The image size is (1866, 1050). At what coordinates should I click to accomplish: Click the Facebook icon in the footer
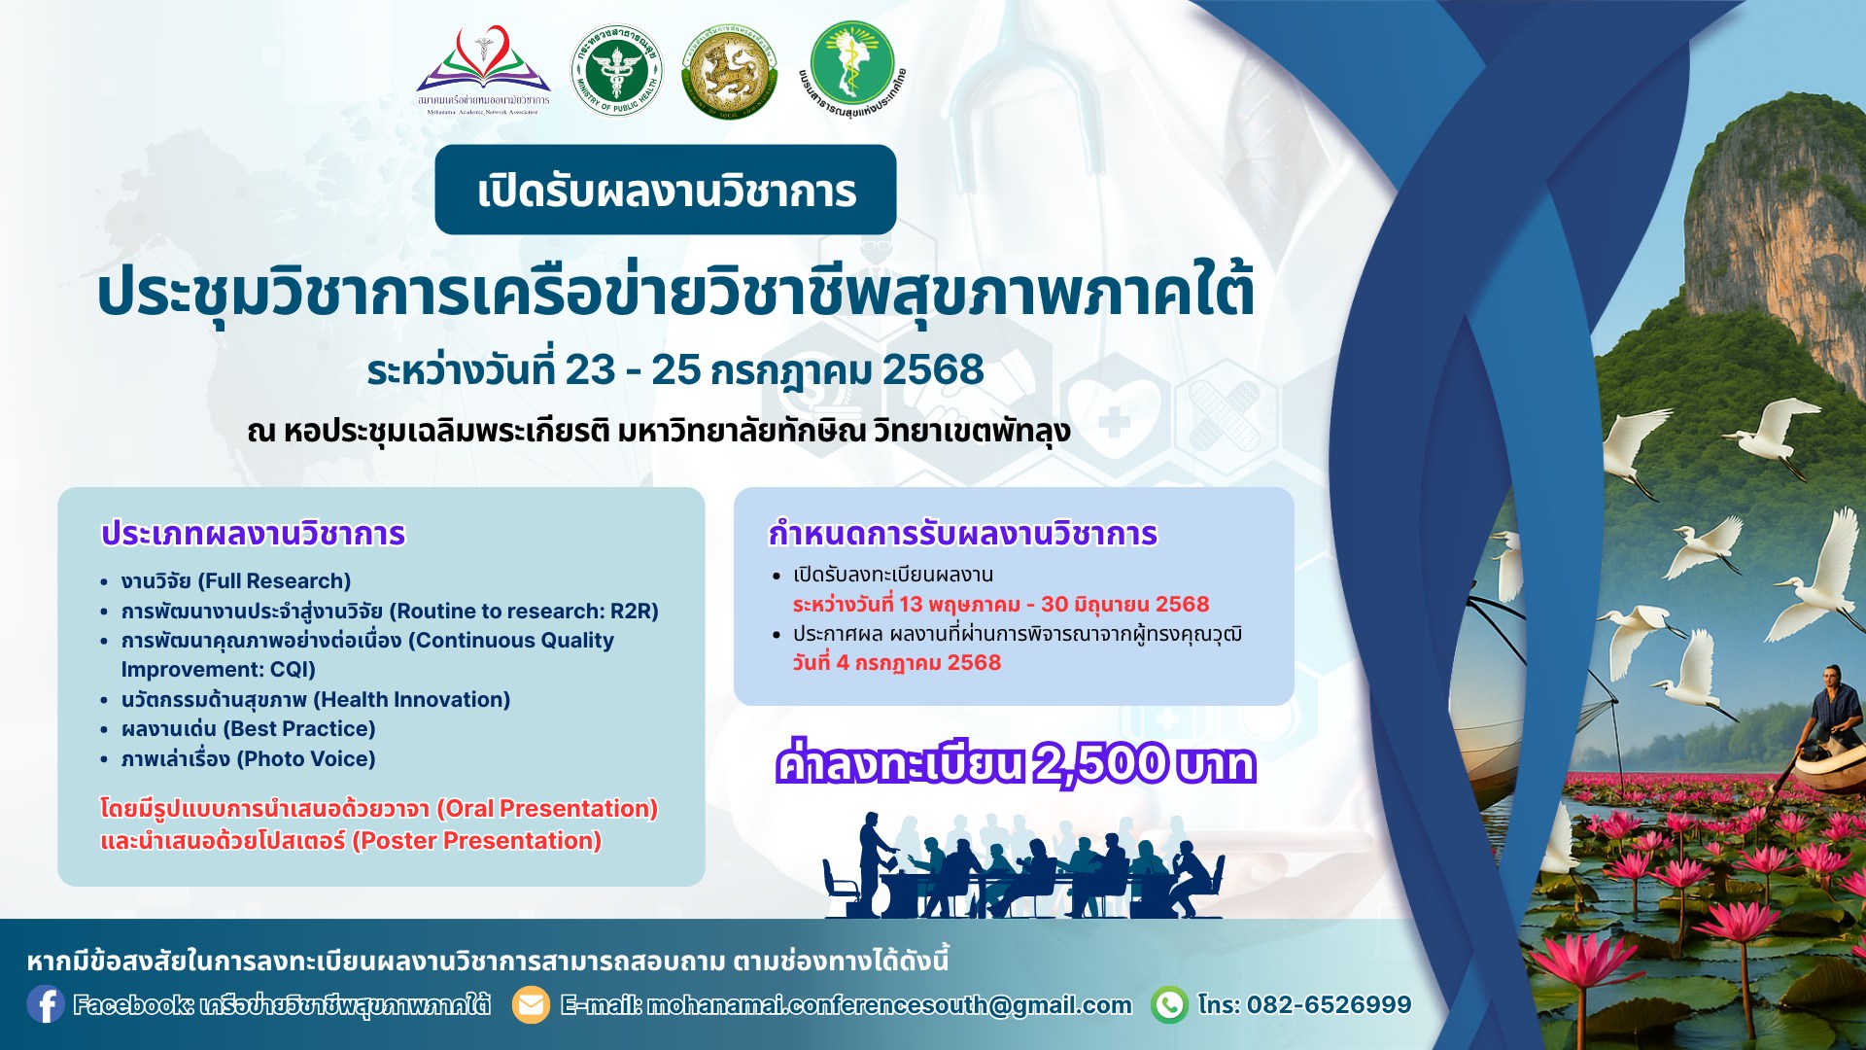[45, 1004]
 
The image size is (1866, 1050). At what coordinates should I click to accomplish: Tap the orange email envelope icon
[531, 1004]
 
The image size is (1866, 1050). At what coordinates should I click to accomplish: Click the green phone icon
[1169, 1004]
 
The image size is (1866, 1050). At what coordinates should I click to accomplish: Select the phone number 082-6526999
[1329, 1004]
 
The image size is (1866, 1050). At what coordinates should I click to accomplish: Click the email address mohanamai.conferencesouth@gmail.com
[889, 1004]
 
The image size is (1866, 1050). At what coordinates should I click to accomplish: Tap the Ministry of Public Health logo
[615, 72]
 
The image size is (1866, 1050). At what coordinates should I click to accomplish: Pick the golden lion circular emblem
[729, 72]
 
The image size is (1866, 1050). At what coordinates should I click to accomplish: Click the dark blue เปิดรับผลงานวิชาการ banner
[666, 191]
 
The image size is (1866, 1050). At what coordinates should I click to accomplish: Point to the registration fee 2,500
[1098, 764]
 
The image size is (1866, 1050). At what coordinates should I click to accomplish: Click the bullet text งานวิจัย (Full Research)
[235, 581]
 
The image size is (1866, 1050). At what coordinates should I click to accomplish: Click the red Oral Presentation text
[547, 809]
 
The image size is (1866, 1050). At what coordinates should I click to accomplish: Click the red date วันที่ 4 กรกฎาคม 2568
[896, 663]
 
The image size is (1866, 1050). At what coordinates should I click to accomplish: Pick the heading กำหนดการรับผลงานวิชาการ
[962, 534]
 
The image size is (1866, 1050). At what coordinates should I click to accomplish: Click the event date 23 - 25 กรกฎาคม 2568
[775, 370]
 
